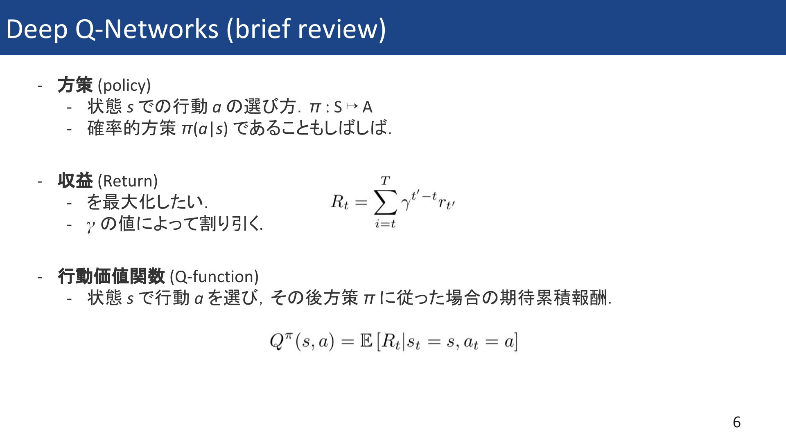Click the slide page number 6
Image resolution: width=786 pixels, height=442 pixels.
click(x=736, y=422)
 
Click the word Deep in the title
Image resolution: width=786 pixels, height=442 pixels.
click(x=37, y=30)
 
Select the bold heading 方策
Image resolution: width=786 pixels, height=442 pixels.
click(x=75, y=85)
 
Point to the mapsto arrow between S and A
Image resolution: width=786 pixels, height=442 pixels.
click(x=352, y=106)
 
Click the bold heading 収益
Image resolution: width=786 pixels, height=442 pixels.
click(x=75, y=181)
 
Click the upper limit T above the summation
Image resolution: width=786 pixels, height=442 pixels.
click(x=385, y=180)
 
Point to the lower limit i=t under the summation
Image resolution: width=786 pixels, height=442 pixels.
click(x=385, y=224)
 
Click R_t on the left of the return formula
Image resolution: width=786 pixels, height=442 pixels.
click(x=340, y=202)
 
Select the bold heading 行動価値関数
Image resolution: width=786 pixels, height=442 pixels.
click(x=111, y=276)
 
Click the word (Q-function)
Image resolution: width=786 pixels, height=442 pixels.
click(x=214, y=277)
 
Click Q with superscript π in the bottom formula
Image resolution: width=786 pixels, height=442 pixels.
click(x=281, y=341)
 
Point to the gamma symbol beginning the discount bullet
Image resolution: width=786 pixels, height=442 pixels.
click(x=91, y=225)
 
